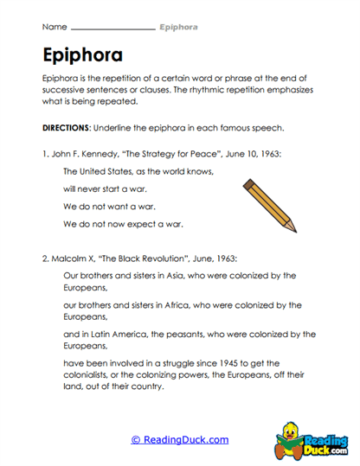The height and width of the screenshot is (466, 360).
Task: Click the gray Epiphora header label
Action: [x=178, y=28]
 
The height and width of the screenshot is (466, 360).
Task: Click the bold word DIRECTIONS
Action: [x=70, y=128]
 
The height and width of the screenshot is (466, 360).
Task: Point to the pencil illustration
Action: [x=270, y=206]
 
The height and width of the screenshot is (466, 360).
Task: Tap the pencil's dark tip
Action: [x=293, y=229]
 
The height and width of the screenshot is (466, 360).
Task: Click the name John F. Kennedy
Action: [x=86, y=154]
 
